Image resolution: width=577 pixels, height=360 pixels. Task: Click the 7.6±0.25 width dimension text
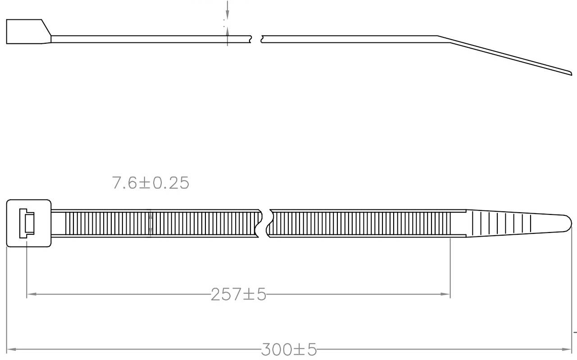(x=150, y=183)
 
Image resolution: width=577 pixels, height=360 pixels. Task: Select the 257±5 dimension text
(x=238, y=295)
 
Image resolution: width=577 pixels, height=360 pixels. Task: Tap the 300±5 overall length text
(x=289, y=350)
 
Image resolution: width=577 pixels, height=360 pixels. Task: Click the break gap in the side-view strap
(x=256, y=39)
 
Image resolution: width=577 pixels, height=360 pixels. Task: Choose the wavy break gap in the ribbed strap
(x=265, y=223)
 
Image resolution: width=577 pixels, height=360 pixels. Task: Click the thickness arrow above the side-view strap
(x=227, y=14)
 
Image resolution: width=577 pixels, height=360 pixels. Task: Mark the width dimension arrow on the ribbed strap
(x=150, y=223)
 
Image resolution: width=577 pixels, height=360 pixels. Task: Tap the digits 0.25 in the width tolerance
(x=171, y=183)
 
